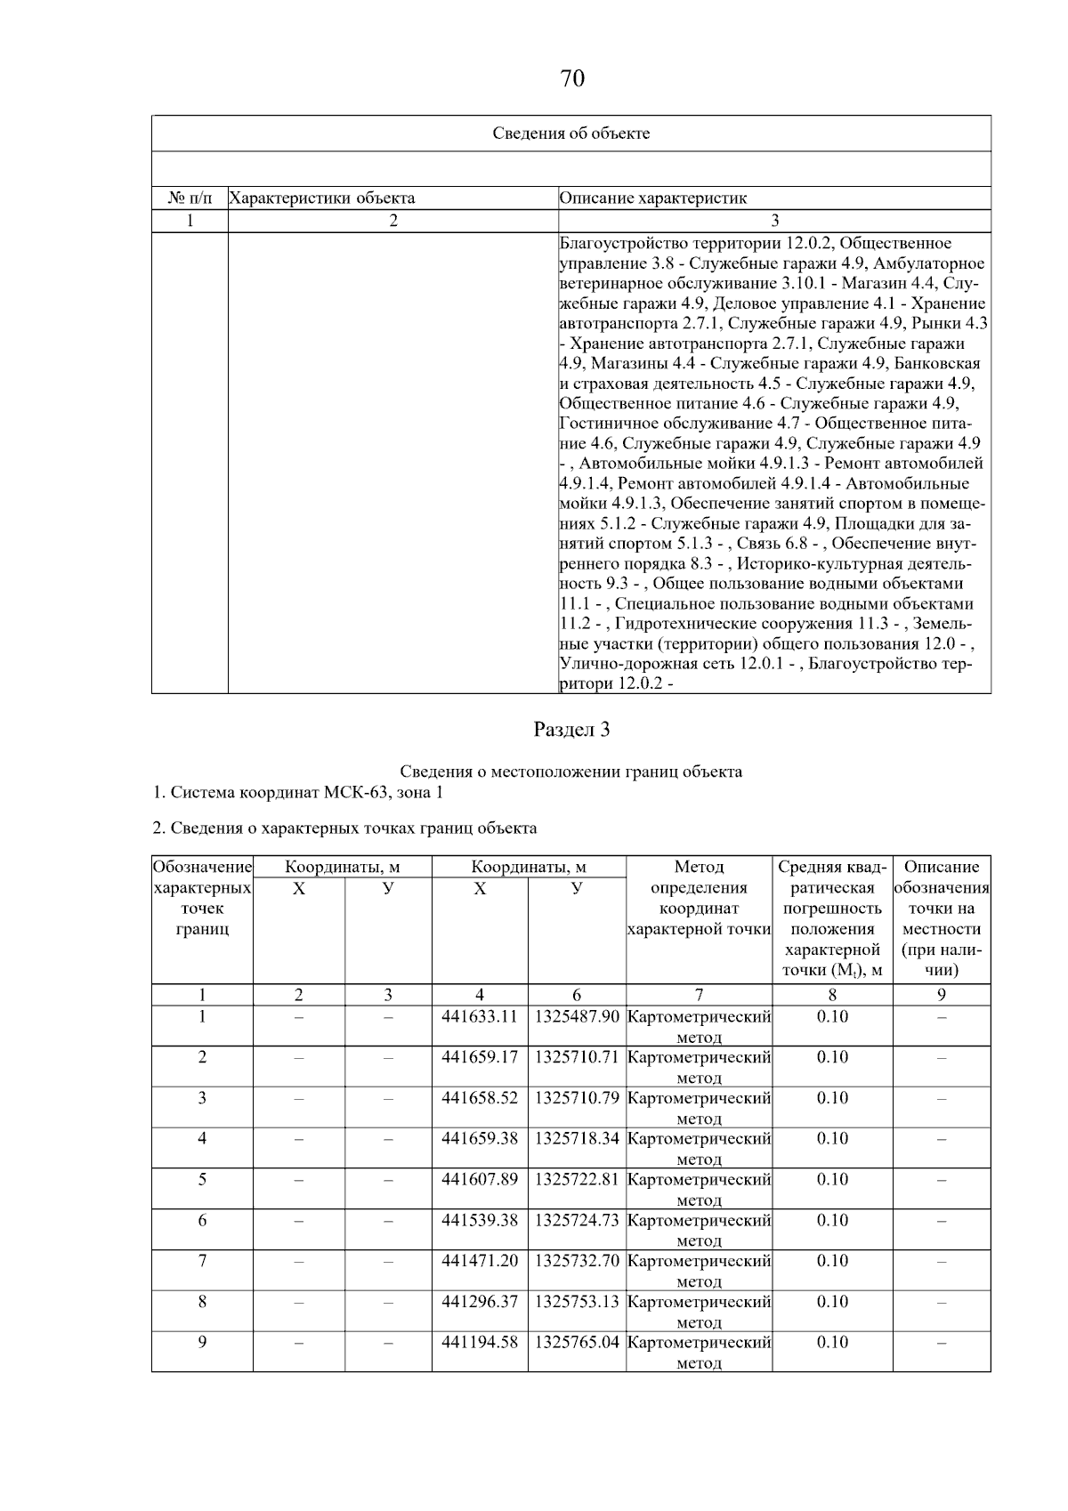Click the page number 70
572,79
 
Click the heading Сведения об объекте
571,133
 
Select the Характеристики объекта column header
322,198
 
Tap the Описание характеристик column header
653,198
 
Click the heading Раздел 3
571,730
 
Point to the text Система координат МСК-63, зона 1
297,792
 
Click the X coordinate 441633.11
480,1016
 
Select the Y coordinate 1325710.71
577,1057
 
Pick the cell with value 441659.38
480,1138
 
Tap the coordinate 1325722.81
577,1179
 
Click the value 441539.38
480,1220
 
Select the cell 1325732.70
577,1261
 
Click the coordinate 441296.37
480,1302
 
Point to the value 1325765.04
577,1342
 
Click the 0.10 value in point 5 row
832,1179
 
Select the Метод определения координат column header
699,898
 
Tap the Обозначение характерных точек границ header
202,898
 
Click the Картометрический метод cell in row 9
699,1352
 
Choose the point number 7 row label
202,1261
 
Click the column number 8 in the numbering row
832,995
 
